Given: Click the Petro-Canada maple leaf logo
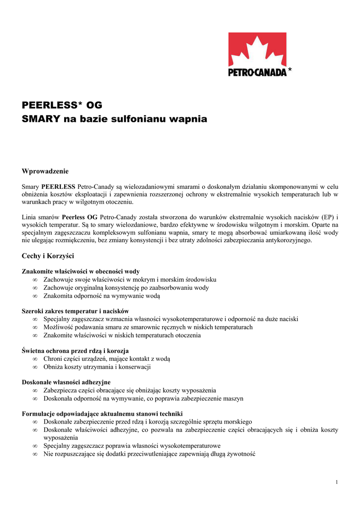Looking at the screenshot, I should (257, 50).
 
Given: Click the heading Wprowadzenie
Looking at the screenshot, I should (45, 171).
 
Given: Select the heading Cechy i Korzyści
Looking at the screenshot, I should (48, 256).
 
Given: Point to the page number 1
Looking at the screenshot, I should (337, 482).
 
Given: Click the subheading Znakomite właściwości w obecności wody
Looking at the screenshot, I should (81, 271).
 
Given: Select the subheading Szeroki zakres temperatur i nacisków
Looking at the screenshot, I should (76, 311).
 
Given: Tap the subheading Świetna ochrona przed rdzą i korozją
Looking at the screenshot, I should (76, 351).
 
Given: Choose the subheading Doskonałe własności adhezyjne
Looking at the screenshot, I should (66, 382).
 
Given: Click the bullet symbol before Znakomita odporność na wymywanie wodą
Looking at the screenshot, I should (35, 296).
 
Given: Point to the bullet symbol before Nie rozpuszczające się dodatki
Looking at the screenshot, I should (35, 454).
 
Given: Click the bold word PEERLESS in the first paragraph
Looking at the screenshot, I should (59, 186).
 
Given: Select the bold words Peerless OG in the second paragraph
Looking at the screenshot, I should (80, 217).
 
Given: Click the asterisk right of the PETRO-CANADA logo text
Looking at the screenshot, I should (290, 71).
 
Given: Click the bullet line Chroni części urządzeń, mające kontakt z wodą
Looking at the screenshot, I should (106, 359).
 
